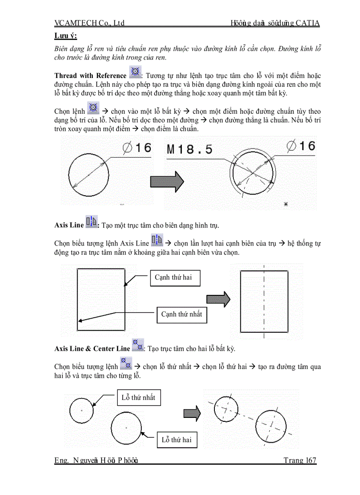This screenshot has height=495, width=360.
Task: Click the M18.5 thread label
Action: (190, 149)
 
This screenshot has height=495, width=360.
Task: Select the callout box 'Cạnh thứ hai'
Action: (175, 278)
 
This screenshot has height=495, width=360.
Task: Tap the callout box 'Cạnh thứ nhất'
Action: (181, 315)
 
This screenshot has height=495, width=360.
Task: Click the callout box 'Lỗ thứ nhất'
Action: (138, 398)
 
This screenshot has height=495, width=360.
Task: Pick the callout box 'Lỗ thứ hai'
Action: (176, 440)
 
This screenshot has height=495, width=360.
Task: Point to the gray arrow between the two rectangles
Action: (218, 298)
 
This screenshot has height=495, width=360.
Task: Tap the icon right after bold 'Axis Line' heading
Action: (91, 222)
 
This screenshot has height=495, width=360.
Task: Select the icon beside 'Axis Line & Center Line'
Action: (138, 345)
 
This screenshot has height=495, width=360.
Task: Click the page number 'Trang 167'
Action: (300, 461)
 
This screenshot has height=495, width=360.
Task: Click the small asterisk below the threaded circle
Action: (286, 205)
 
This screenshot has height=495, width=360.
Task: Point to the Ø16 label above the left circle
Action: (137, 148)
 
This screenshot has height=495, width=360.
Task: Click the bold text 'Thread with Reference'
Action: (90, 76)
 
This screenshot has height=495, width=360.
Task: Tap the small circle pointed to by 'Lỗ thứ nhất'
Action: (82, 410)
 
